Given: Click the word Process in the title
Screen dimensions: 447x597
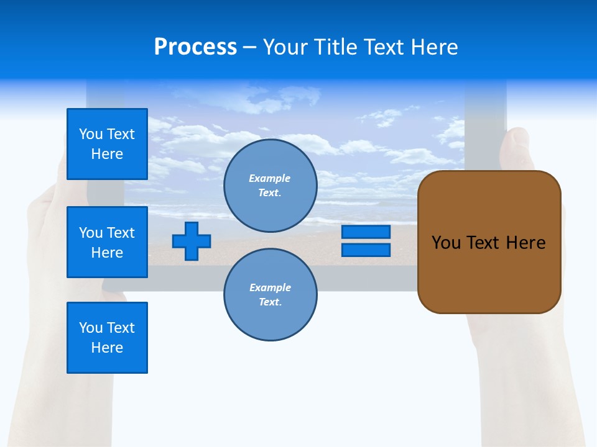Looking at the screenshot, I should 195,47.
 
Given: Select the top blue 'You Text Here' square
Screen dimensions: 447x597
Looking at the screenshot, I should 107,144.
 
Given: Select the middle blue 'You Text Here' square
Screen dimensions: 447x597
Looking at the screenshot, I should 107,242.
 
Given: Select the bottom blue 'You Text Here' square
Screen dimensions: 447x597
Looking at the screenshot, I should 107,338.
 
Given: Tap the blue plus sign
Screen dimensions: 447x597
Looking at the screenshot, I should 192,241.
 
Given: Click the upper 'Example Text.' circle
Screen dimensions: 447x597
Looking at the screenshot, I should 270,186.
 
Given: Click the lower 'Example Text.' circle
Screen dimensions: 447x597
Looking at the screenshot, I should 270,295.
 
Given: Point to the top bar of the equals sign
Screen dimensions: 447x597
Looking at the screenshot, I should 366,232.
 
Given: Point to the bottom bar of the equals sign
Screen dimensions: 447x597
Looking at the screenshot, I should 366,250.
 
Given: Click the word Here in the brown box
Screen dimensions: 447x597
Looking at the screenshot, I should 525,243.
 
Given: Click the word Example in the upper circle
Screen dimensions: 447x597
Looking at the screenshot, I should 270,178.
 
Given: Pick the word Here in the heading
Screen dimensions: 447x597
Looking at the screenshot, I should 435,47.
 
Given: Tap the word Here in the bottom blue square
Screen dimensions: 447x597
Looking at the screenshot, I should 107,348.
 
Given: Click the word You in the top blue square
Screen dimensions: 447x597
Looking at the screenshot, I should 91,134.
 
